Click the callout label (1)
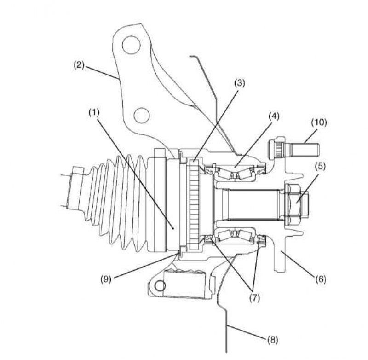click(94, 113)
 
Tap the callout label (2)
click(79, 64)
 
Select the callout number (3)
click(239, 83)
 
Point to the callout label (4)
click(274, 116)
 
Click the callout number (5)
click(320, 166)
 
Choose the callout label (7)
click(255, 298)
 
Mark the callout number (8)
click(272, 340)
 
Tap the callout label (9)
click(106, 279)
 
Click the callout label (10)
click(319, 122)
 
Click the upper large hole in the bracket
click(132, 45)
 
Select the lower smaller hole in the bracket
click(142, 115)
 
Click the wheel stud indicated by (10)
click(294, 149)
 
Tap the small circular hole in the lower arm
click(160, 286)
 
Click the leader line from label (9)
click(145, 265)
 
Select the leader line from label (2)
click(101, 72)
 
